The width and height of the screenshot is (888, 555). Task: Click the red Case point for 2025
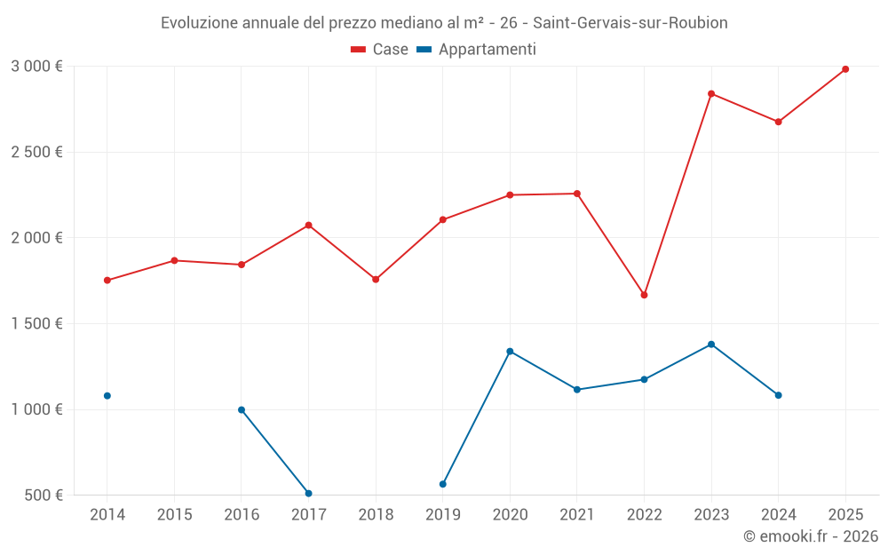click(845, 69)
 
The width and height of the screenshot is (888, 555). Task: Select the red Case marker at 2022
click(644, 295)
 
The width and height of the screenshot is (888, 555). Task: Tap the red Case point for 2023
click(711, 93)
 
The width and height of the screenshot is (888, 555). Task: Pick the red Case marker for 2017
click(308, 225)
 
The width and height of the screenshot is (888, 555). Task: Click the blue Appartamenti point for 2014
click(107, 396)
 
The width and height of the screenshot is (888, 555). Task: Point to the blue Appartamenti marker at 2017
click(308, 493)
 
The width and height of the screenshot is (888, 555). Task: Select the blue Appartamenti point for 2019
click(442, 484)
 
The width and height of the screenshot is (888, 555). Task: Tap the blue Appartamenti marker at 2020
click(510, 352)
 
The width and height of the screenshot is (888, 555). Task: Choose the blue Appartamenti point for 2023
click(711, 345)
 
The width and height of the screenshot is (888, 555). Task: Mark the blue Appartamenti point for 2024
click(779, 395)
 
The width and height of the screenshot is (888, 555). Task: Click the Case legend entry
click(379, 50)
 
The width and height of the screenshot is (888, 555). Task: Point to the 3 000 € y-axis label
click(36, 66)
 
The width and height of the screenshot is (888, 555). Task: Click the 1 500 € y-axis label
click(36, 323)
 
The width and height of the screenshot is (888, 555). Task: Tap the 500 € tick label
click(44, 496)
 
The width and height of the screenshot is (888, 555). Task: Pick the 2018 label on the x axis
click(376, 514)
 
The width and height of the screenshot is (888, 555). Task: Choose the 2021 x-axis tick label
click(577, 514)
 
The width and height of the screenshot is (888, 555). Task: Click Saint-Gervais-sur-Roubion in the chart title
click(630, 23)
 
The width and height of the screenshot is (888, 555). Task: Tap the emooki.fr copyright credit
click(810, 536)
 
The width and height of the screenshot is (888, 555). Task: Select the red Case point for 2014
click(107, 281)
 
